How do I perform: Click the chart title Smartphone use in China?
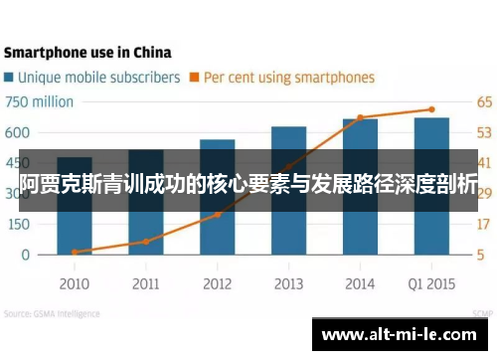point(86,52)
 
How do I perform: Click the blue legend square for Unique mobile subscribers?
point(9,77)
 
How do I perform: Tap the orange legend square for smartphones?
point(196,77)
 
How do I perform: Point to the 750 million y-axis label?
point(40,101)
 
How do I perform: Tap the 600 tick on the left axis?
point(19,132)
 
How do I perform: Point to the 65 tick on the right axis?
point(483,101)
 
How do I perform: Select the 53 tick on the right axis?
point(483,132)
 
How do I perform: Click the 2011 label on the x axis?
point(145,283)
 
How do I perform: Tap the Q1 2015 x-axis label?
point(431,283)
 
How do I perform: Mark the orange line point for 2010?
point(75,252)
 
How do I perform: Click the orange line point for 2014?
point(360,117)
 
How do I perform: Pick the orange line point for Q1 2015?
point(431,109)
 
